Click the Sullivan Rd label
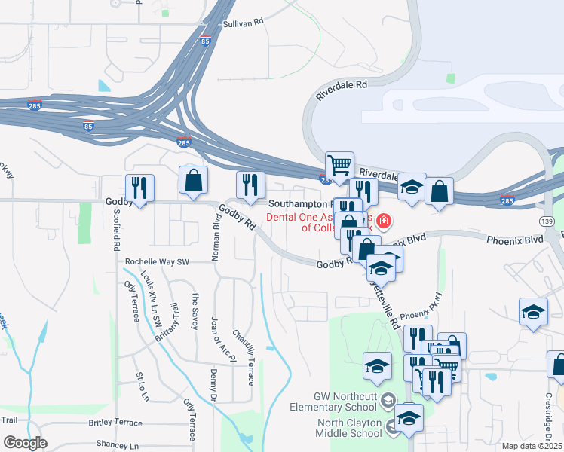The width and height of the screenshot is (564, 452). tap(242, 23)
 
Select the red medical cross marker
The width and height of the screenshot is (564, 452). tap(384, 221)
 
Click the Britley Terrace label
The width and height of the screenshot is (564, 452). tap(115, 423)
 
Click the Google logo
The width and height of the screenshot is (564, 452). tap(25, 443)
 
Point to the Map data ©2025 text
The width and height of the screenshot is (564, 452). tap(532, 446)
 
